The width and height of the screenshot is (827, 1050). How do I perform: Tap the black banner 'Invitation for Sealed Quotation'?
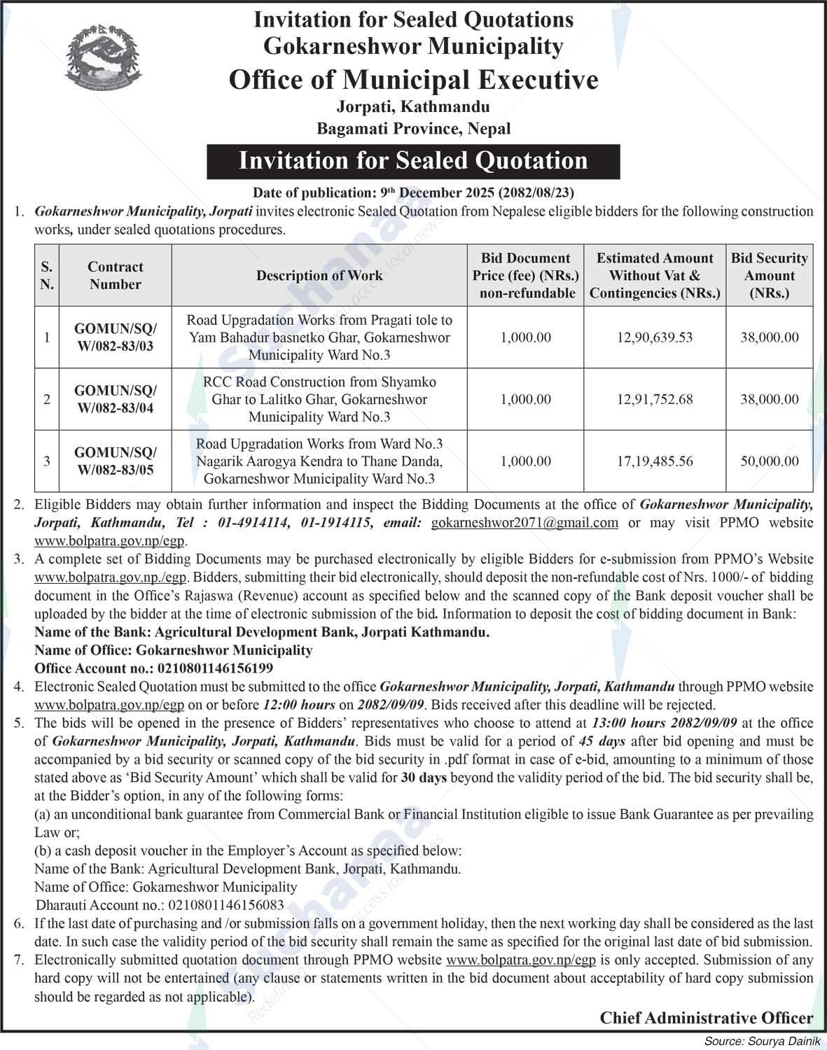(x=413, y=161)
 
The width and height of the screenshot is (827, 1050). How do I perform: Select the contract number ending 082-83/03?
(x=116, y=337)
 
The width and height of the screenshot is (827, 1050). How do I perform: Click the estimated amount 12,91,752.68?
(x=655, y=400)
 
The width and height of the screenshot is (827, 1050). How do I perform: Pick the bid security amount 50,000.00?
(x=770, y=461)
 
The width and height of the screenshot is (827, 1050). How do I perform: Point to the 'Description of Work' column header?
(x=319, y=276)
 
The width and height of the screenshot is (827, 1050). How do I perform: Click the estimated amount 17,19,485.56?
(x=655, y=461)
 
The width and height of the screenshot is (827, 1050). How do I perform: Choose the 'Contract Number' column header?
(x=116, y=276)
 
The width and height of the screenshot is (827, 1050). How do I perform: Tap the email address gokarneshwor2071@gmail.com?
(x=524, y=522)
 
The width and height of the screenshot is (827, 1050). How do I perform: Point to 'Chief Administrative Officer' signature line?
(x=707, y=1018)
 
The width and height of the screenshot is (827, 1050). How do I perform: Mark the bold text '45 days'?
(x=602, y=741)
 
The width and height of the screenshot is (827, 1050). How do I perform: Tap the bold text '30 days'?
(x=424, y=778)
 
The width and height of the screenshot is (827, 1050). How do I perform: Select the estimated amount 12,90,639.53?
(x=655, y=337)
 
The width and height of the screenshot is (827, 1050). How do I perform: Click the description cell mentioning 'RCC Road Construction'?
(x=319, y=400)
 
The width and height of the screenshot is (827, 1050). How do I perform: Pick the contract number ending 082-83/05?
(x=116, y=461)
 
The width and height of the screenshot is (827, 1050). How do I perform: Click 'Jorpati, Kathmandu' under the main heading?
(x=413, y=107)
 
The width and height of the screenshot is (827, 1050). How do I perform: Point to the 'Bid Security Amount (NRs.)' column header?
(x=770, y=276)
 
